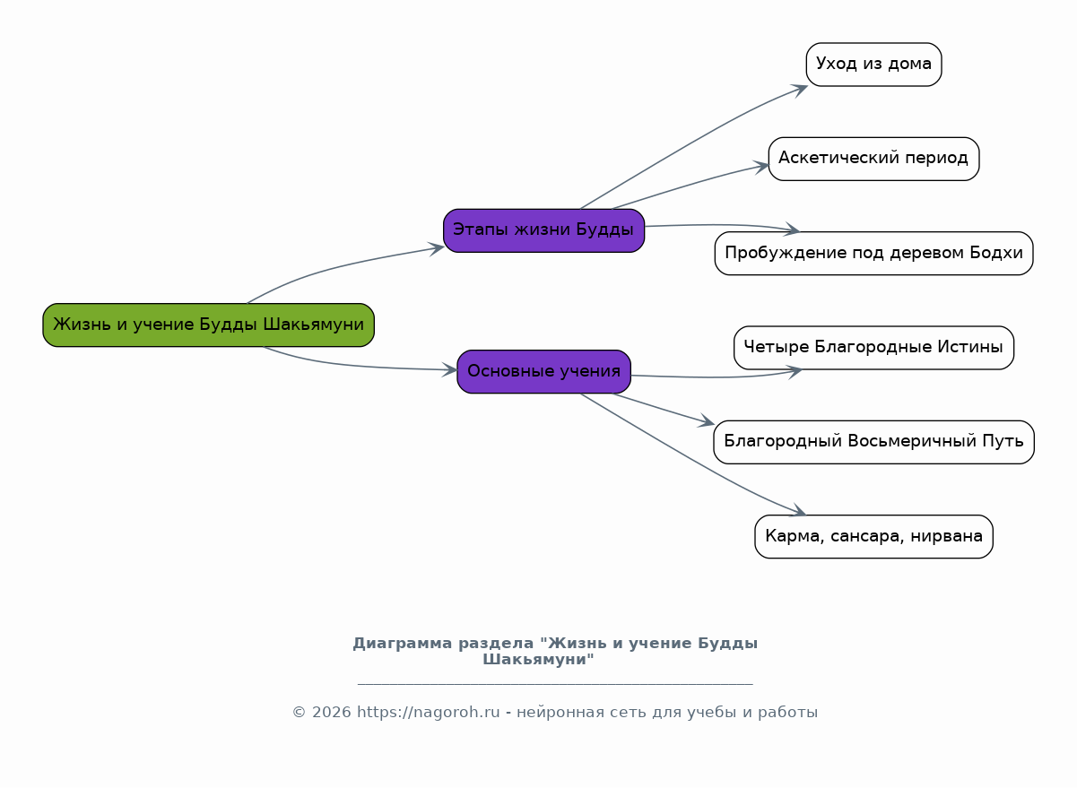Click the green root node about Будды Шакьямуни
[208, 325]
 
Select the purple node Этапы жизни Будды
[543, 230]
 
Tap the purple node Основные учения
[543, 371]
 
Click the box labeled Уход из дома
[873, 65]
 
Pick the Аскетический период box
[873, 159]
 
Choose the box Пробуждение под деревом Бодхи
[873, 254]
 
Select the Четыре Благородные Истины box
[873, 348]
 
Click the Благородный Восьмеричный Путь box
[873, 442]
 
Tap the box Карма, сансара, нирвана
[873, 537]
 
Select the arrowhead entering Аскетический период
[761, 166]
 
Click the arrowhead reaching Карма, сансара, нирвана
[798, 512]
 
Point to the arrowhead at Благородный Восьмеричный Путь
[707, 422]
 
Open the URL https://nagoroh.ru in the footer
[428, 713]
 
